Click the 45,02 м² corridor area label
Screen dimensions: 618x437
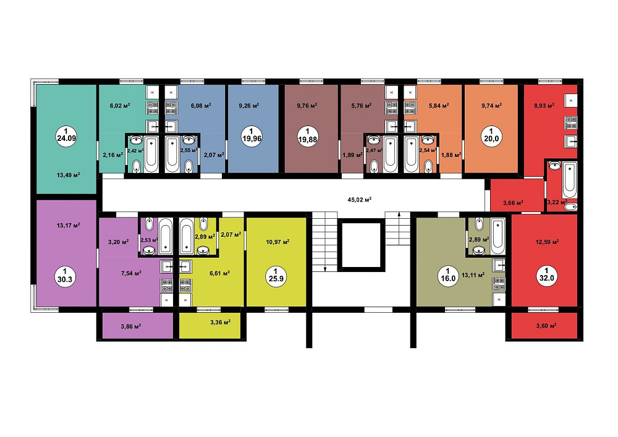[360, 200]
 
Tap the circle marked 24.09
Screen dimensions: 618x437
[66, 135]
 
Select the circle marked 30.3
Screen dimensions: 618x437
[65, 276]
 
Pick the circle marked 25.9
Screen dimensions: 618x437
[276, 275]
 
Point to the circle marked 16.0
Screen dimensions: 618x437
[448, 275]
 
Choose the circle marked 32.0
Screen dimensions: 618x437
[547, 274]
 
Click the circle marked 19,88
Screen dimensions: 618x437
[308, 136]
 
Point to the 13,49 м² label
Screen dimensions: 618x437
[69, 175]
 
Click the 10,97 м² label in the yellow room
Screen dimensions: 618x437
[278, 242]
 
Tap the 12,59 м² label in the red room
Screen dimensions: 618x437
[548, 242]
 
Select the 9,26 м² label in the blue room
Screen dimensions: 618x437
[249, 106]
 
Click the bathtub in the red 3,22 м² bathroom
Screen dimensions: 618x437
[570, 180]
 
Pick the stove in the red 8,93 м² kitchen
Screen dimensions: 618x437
[570, 122]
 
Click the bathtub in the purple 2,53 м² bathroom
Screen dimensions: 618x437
[166, 236]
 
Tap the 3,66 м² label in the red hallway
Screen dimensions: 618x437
[513, 203]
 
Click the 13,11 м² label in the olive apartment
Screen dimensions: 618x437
[473, 275]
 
